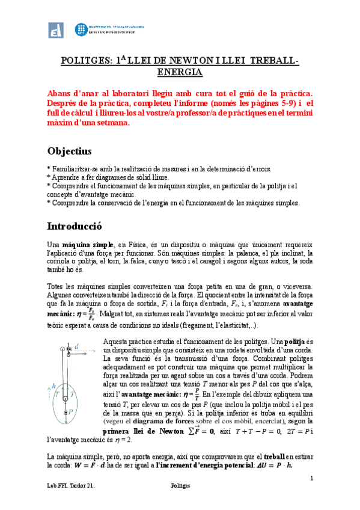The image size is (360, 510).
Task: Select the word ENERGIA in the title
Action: (179, 72)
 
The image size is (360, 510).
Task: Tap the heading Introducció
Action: (75, 227)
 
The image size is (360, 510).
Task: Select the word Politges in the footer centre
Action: (180, 500)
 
